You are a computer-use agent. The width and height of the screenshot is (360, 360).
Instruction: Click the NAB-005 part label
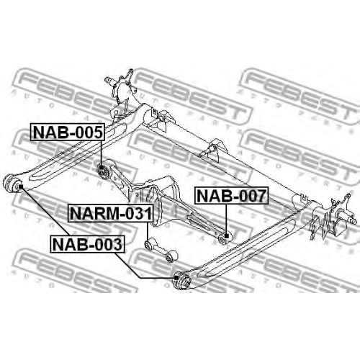68,132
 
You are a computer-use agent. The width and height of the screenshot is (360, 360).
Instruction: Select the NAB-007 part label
232,196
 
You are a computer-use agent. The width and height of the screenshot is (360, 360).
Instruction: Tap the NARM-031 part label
111,213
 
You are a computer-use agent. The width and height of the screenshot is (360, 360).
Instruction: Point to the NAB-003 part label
88,244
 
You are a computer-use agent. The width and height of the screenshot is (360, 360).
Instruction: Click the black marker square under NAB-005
102,168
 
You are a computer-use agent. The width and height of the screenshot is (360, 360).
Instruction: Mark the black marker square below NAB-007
226,236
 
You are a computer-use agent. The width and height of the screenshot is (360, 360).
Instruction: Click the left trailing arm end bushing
12,184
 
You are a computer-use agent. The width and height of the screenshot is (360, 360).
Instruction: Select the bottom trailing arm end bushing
182,280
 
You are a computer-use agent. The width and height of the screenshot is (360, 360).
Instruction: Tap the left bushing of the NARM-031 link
149,245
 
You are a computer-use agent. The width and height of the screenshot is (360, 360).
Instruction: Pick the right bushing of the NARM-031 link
171,256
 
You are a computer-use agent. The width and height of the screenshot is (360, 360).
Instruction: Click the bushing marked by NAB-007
225,237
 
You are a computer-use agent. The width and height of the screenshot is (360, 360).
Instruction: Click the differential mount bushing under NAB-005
103,171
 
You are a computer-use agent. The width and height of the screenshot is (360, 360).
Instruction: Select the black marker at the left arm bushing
21,186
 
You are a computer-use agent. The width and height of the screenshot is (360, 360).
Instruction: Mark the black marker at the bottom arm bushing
176,278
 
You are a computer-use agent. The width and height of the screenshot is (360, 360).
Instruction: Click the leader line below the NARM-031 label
148,231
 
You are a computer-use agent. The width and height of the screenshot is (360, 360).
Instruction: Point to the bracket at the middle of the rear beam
213,149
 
